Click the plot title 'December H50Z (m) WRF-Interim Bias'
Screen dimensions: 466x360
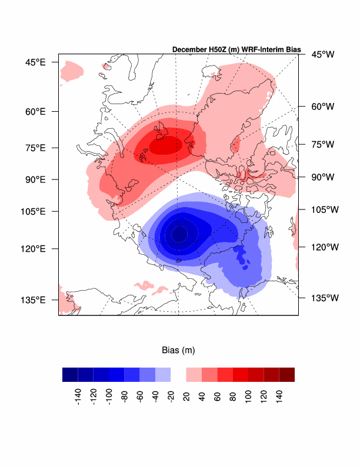click(x=236, y=49)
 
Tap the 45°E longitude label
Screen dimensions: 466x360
click(x=34, y=61)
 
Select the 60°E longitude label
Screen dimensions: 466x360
click(x=34, y=111)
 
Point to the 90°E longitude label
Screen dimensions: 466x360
click(x=34, y=179)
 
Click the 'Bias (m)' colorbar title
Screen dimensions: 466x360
click(x=178, y=350)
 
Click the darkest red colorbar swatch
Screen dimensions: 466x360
click(x=287, y=375)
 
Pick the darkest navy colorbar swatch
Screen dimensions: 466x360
click(x=70, y=375)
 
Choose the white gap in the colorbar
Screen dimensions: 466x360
click(x=178, y=375)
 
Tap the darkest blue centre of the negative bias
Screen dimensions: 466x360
click(x=179, y=234)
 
